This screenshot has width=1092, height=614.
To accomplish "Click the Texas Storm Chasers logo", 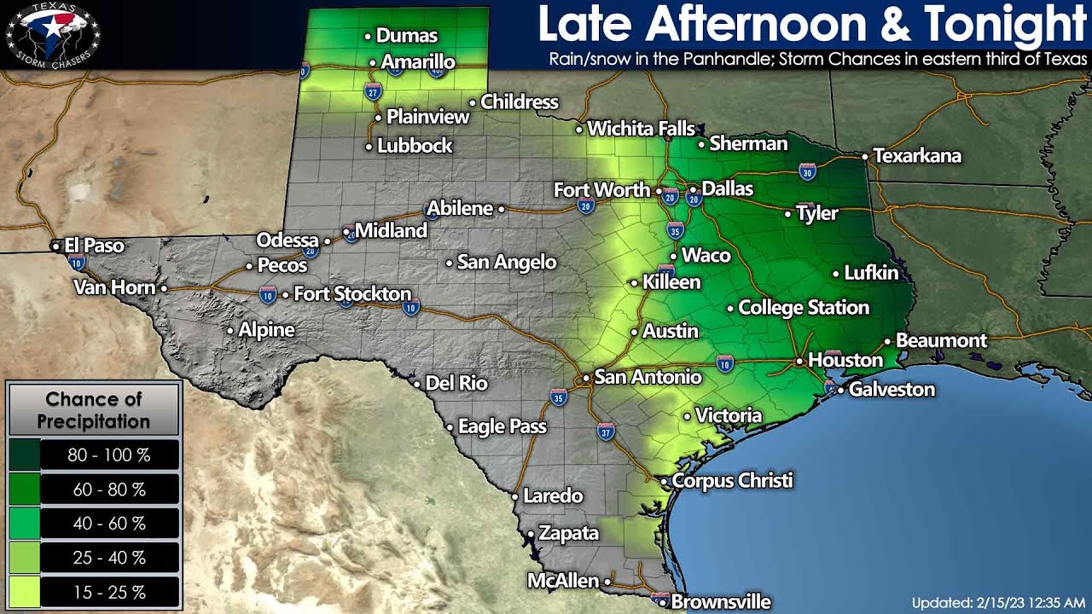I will pyautogui.click(x=53, y=34).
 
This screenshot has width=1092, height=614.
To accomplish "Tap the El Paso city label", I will pyautogui.click(x=94, y=246).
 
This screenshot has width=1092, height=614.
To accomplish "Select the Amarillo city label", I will pyautogui.click(x=418, y=62).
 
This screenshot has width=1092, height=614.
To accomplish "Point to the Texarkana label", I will pyautogui.click(x=917, y=156).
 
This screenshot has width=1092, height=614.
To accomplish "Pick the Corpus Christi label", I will pyautogui.click(x=733, y=481).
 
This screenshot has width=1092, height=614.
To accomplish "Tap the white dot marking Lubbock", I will pyautogui.click(x=369, y=147).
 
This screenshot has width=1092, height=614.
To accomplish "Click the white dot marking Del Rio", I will pyautogui.click(x=418, y=384).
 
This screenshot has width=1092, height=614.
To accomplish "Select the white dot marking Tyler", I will pyautogui.click(x=788, y=214).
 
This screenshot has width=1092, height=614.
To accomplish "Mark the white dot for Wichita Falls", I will pyautogui.click(x=579, y=130).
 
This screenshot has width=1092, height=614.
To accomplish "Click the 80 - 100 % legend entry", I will pyautogui.click(x=109, y=455).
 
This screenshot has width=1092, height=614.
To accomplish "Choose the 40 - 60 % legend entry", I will pyautogui.click(x=109, y=524).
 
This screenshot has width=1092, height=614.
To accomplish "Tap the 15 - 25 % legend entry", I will pyautogui.click(x=109, y=593).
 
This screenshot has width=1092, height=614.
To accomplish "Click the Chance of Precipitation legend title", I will pyautogui.click(x=94, y=409).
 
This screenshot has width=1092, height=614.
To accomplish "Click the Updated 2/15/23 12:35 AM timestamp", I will pyautogui.click(x=998, y=602).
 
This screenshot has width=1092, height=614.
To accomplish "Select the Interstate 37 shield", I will pyautogui.click(x=606, y=431).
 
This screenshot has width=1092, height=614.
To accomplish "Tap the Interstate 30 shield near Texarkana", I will pyautogui.click(x=807, y=173).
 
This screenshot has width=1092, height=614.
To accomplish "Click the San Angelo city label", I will pyautogui.click(x=507, y=263).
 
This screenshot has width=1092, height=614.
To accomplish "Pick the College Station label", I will pyautogui.click(x=804, y=308).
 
